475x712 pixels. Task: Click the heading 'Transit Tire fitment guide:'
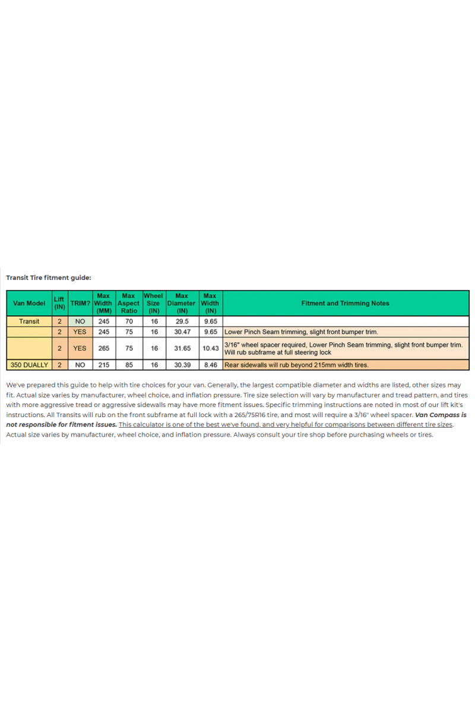click(49, 277)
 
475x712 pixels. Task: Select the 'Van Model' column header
click(29, 303)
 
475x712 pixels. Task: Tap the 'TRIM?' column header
click(80, 303)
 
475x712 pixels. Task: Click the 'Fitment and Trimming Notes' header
click(345, 303)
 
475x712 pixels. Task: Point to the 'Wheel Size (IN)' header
click(153, 303)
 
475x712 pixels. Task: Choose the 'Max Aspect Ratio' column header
click(129, 303)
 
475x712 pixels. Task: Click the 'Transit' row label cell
click(29, 321)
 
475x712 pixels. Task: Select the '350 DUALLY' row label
click(29, 365)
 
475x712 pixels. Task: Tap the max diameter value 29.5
click(182, 321)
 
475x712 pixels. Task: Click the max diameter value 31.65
click(182, 348)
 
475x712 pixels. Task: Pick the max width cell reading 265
click(103, 348)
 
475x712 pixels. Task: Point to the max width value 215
click(103, 365)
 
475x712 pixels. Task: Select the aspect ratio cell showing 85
click(129, 365)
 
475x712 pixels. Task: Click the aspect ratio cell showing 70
click(129, 321)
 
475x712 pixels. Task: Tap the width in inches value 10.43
click(210, 348)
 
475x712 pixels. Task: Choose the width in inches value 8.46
click(210, 365)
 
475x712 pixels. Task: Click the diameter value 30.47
click(182, 332)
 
